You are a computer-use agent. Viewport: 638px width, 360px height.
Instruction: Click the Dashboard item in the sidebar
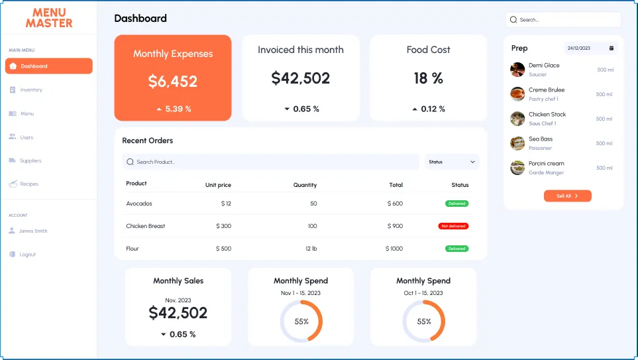(x=48, y=66)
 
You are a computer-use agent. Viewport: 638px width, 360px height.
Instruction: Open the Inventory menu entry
(x=31, y=90)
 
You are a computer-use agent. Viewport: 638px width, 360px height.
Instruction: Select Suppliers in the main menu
(x=30, y=161)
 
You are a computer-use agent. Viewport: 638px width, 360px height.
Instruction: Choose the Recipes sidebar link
(x=29, y=184)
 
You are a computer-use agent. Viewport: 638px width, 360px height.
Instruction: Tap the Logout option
(x=27, y=255)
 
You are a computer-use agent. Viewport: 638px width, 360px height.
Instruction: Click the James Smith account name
(x=33, y=231)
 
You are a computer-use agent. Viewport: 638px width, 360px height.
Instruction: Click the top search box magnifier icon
(x=513, y=20)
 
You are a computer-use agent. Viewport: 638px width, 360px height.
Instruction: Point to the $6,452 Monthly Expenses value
(x=173, y=82)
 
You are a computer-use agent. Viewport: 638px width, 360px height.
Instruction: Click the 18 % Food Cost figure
(x=428, y=78)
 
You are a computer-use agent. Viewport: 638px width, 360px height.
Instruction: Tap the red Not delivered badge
(x=453, y=226)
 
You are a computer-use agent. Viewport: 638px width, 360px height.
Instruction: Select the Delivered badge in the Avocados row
(x=456, y=204)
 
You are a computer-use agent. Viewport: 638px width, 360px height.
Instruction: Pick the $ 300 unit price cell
(x=223, y=226)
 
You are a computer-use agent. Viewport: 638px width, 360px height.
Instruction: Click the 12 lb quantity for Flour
(x=311, y=249)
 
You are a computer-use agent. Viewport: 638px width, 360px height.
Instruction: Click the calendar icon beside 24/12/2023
(x=611, y=48)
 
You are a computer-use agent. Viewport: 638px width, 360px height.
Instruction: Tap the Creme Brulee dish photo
(x=517, y=93)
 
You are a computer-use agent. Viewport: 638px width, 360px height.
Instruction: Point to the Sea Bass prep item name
(x=541, y=139)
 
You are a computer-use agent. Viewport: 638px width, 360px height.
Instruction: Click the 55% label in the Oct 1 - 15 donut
(x=424, y=322)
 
